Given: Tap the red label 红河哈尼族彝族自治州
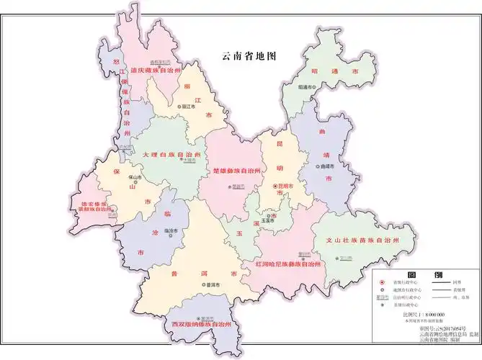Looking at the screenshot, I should (x=288, y=264).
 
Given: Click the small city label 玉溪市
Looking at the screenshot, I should (x=267, y=220).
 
